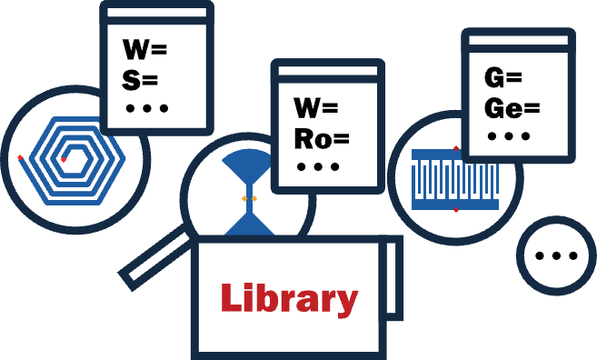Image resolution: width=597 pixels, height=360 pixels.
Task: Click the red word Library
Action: (x=289, y=300)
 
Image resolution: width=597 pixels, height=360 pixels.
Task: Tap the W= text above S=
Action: (x=144, y=49)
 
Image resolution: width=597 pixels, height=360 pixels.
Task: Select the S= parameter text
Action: (x=140, y=80)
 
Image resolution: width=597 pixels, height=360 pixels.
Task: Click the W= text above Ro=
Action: (x=316, y=108)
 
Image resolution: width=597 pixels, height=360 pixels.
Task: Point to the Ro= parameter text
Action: (x=322, y=138)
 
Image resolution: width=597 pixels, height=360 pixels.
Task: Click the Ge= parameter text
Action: (x=512, y=108)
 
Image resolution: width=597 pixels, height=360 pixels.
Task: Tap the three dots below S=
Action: (x=147, y=108)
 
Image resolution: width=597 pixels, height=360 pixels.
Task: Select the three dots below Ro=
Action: (x=318, y=167)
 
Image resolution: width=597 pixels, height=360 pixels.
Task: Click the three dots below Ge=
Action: (x=509, y=136)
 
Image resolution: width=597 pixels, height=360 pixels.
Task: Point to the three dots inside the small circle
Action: (x=556, y=255)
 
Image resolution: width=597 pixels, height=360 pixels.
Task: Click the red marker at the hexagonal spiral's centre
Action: (x=64, y=160)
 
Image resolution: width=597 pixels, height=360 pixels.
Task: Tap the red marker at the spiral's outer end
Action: (x=20, y=157)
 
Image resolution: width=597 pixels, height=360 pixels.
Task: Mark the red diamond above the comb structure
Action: (x=456, y=148)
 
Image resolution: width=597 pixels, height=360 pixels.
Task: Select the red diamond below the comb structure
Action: (x=456, y=209)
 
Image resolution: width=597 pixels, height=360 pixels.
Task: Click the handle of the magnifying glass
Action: (x=155, y=256)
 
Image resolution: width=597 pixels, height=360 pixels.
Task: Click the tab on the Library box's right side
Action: (x=393, y=279)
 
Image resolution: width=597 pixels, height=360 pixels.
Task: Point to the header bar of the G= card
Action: (x=519, y=40)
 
